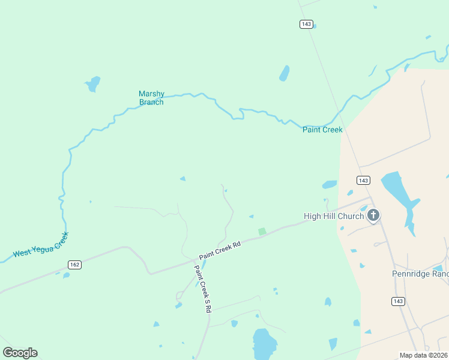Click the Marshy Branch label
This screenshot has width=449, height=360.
click(x=151, y=98)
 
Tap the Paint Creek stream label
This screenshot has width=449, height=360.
click(x=322, y=130)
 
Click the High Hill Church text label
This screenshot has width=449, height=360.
click(x=334, y=217)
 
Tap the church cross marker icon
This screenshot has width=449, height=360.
click(x=373, y=215)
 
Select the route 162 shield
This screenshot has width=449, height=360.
click(x=74, y=265)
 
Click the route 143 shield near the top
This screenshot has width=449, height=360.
click(x=306, y=24)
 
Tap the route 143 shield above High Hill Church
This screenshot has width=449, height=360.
click(x=363, y=181)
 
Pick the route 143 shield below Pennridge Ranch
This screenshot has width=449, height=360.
click(x=397, y=301)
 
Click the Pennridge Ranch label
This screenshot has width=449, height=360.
click(x=420, y=274)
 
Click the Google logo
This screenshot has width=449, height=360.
click(x=20, y=353)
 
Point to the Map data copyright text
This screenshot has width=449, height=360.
click(x=423, y=355)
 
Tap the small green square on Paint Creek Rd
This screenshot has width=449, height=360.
click(x=262, y=231)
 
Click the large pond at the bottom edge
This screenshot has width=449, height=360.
click(x=264, y=344)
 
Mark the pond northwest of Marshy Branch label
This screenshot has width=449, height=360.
click(x=92, y=83)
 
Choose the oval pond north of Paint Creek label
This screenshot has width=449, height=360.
click(x=284, y=73)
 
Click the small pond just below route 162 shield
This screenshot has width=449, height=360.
click(x=66, y=275)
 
